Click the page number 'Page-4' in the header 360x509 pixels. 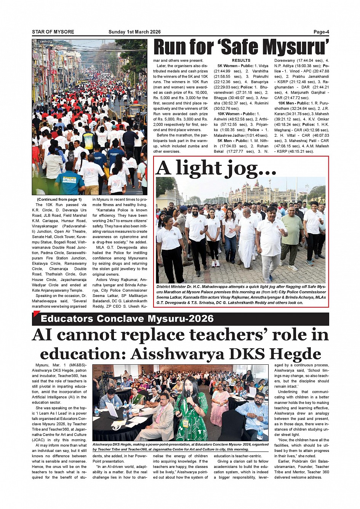[321, 32]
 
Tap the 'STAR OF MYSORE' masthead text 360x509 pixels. [53, 32]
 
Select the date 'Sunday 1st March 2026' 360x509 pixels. [134, 32]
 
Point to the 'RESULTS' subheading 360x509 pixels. [241, 61]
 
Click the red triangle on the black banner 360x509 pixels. [36, 314]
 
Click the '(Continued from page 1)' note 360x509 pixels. [59, 199]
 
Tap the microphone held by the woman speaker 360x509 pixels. [188, 393]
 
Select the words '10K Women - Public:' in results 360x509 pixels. [236, 114]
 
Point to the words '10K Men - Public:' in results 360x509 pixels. [294, 103]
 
